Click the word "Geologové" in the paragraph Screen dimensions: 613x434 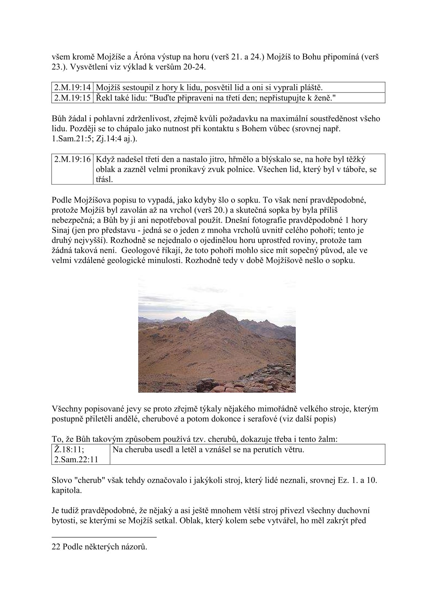coord(139,251)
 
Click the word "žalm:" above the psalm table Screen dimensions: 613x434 coord(328,439)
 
